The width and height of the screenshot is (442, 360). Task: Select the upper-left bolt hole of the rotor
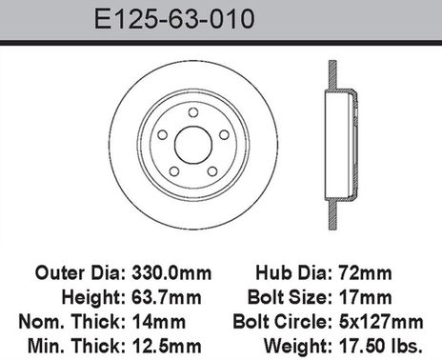pos(162,134)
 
